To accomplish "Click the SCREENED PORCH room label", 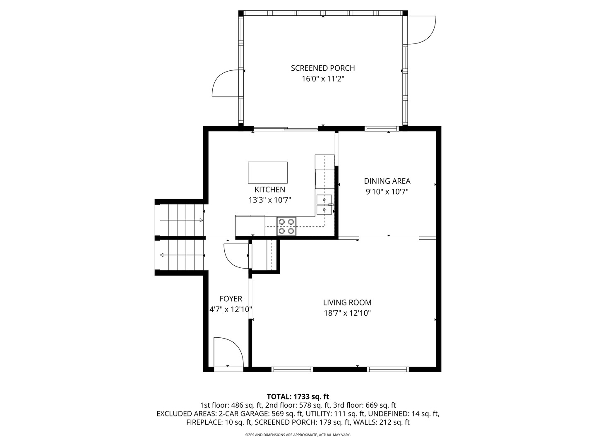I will [322, 68].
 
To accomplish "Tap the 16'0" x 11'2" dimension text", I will [322, 79].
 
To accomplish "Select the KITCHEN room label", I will [269, 190].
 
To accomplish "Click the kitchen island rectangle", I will [267, 173].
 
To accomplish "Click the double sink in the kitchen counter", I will [324, 205].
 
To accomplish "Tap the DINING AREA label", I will [387, 181].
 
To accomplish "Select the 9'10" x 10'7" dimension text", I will [387, 192].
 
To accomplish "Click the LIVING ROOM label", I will [347, 303].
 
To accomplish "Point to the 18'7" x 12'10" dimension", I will [347, 313].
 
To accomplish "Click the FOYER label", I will [231, 299].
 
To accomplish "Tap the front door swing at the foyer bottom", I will [228, 352].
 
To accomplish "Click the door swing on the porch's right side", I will [421, 30].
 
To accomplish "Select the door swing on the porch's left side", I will [226, 83].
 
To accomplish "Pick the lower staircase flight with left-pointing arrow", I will [180, 255].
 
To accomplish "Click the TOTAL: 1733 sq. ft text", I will [298, 397].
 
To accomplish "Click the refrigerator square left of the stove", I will [250, 225].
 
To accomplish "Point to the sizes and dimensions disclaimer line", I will [298, 435].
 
